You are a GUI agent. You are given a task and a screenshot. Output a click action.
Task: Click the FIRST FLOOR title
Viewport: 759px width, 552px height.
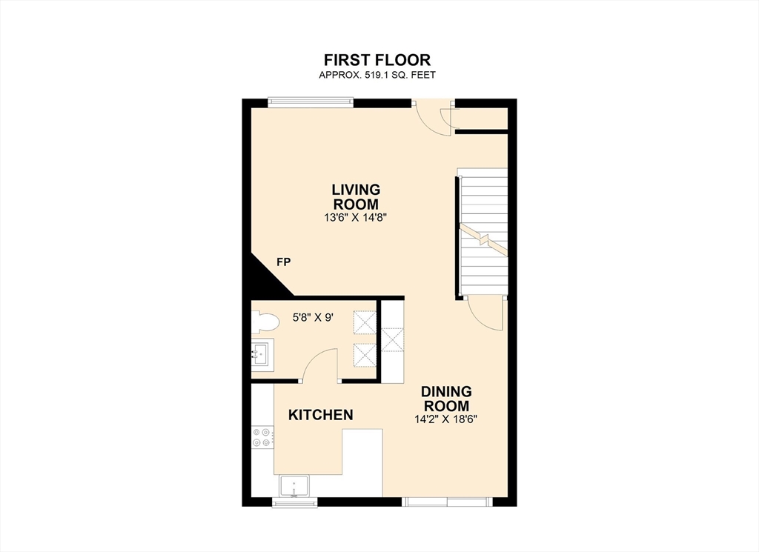click(377, 59)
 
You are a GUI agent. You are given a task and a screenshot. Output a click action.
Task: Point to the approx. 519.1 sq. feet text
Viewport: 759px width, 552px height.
click(377, 75)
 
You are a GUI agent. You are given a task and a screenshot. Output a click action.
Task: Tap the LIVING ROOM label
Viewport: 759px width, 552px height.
click(356, 197)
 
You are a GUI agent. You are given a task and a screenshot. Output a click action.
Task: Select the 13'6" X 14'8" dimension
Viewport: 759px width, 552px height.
click(356, 218)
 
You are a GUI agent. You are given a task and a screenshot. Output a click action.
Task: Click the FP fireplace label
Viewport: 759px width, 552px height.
click(283, 262)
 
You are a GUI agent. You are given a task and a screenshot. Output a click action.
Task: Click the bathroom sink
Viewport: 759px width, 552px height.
click(262, 353)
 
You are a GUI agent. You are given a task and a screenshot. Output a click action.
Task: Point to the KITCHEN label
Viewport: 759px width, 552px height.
click(320, 415)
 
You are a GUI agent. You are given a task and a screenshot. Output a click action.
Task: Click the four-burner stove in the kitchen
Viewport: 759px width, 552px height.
click(261, 437)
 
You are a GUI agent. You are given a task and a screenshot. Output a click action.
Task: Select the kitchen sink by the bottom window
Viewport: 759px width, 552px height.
click(295, 486)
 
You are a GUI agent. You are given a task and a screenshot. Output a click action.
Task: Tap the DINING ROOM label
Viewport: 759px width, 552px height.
click(446, 399)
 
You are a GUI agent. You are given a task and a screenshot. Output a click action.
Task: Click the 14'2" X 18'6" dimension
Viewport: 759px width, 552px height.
click(446, 419)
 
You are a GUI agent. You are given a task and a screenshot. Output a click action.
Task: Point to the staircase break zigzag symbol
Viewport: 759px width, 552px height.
click(483, 239)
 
